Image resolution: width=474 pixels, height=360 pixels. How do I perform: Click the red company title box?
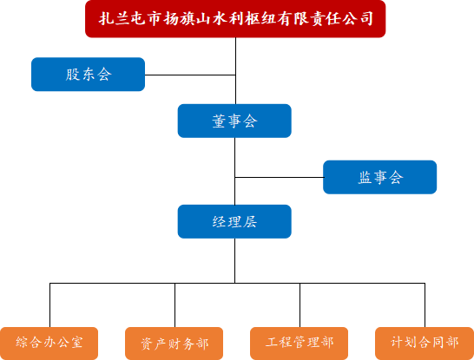coord(235,19)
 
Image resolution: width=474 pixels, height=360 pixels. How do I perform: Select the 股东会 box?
coord(88,75)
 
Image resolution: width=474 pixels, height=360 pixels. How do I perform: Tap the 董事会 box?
coord(234,121)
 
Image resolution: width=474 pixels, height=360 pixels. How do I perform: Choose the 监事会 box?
coord(380,178)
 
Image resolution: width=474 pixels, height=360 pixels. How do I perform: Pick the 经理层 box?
coord(234,221)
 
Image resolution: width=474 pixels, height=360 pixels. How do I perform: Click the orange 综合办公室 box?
coord(49,343)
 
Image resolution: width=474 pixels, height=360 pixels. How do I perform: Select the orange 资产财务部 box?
coord(174,343)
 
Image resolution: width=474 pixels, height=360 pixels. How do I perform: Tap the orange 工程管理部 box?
coord(299,343)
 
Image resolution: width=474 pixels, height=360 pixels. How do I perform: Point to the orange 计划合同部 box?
coord(424,343)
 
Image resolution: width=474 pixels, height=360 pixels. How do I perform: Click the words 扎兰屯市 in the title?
coord(129,19)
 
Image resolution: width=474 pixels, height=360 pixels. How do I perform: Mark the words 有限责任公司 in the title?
coord(326,19)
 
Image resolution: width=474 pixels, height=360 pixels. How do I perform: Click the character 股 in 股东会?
coord(73,75)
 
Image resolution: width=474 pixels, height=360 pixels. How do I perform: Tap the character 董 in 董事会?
coord(220,121)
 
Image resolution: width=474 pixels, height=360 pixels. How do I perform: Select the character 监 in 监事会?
coord(365,178)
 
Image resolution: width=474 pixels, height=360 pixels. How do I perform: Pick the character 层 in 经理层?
coord(250,221)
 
